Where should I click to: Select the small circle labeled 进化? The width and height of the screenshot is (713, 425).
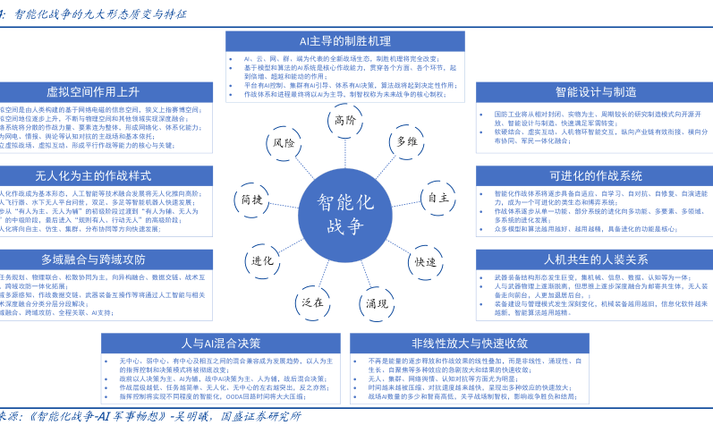coord(262,260)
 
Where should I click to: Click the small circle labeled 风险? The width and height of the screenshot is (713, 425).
coord(284,142)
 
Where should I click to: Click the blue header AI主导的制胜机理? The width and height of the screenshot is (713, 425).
coord(344,41)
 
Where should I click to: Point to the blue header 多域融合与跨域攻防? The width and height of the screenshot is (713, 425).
coord(92,259)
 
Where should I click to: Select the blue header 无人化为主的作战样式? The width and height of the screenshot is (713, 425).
coord(92,175)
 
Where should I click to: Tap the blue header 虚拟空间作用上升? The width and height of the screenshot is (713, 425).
coord(92,91)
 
